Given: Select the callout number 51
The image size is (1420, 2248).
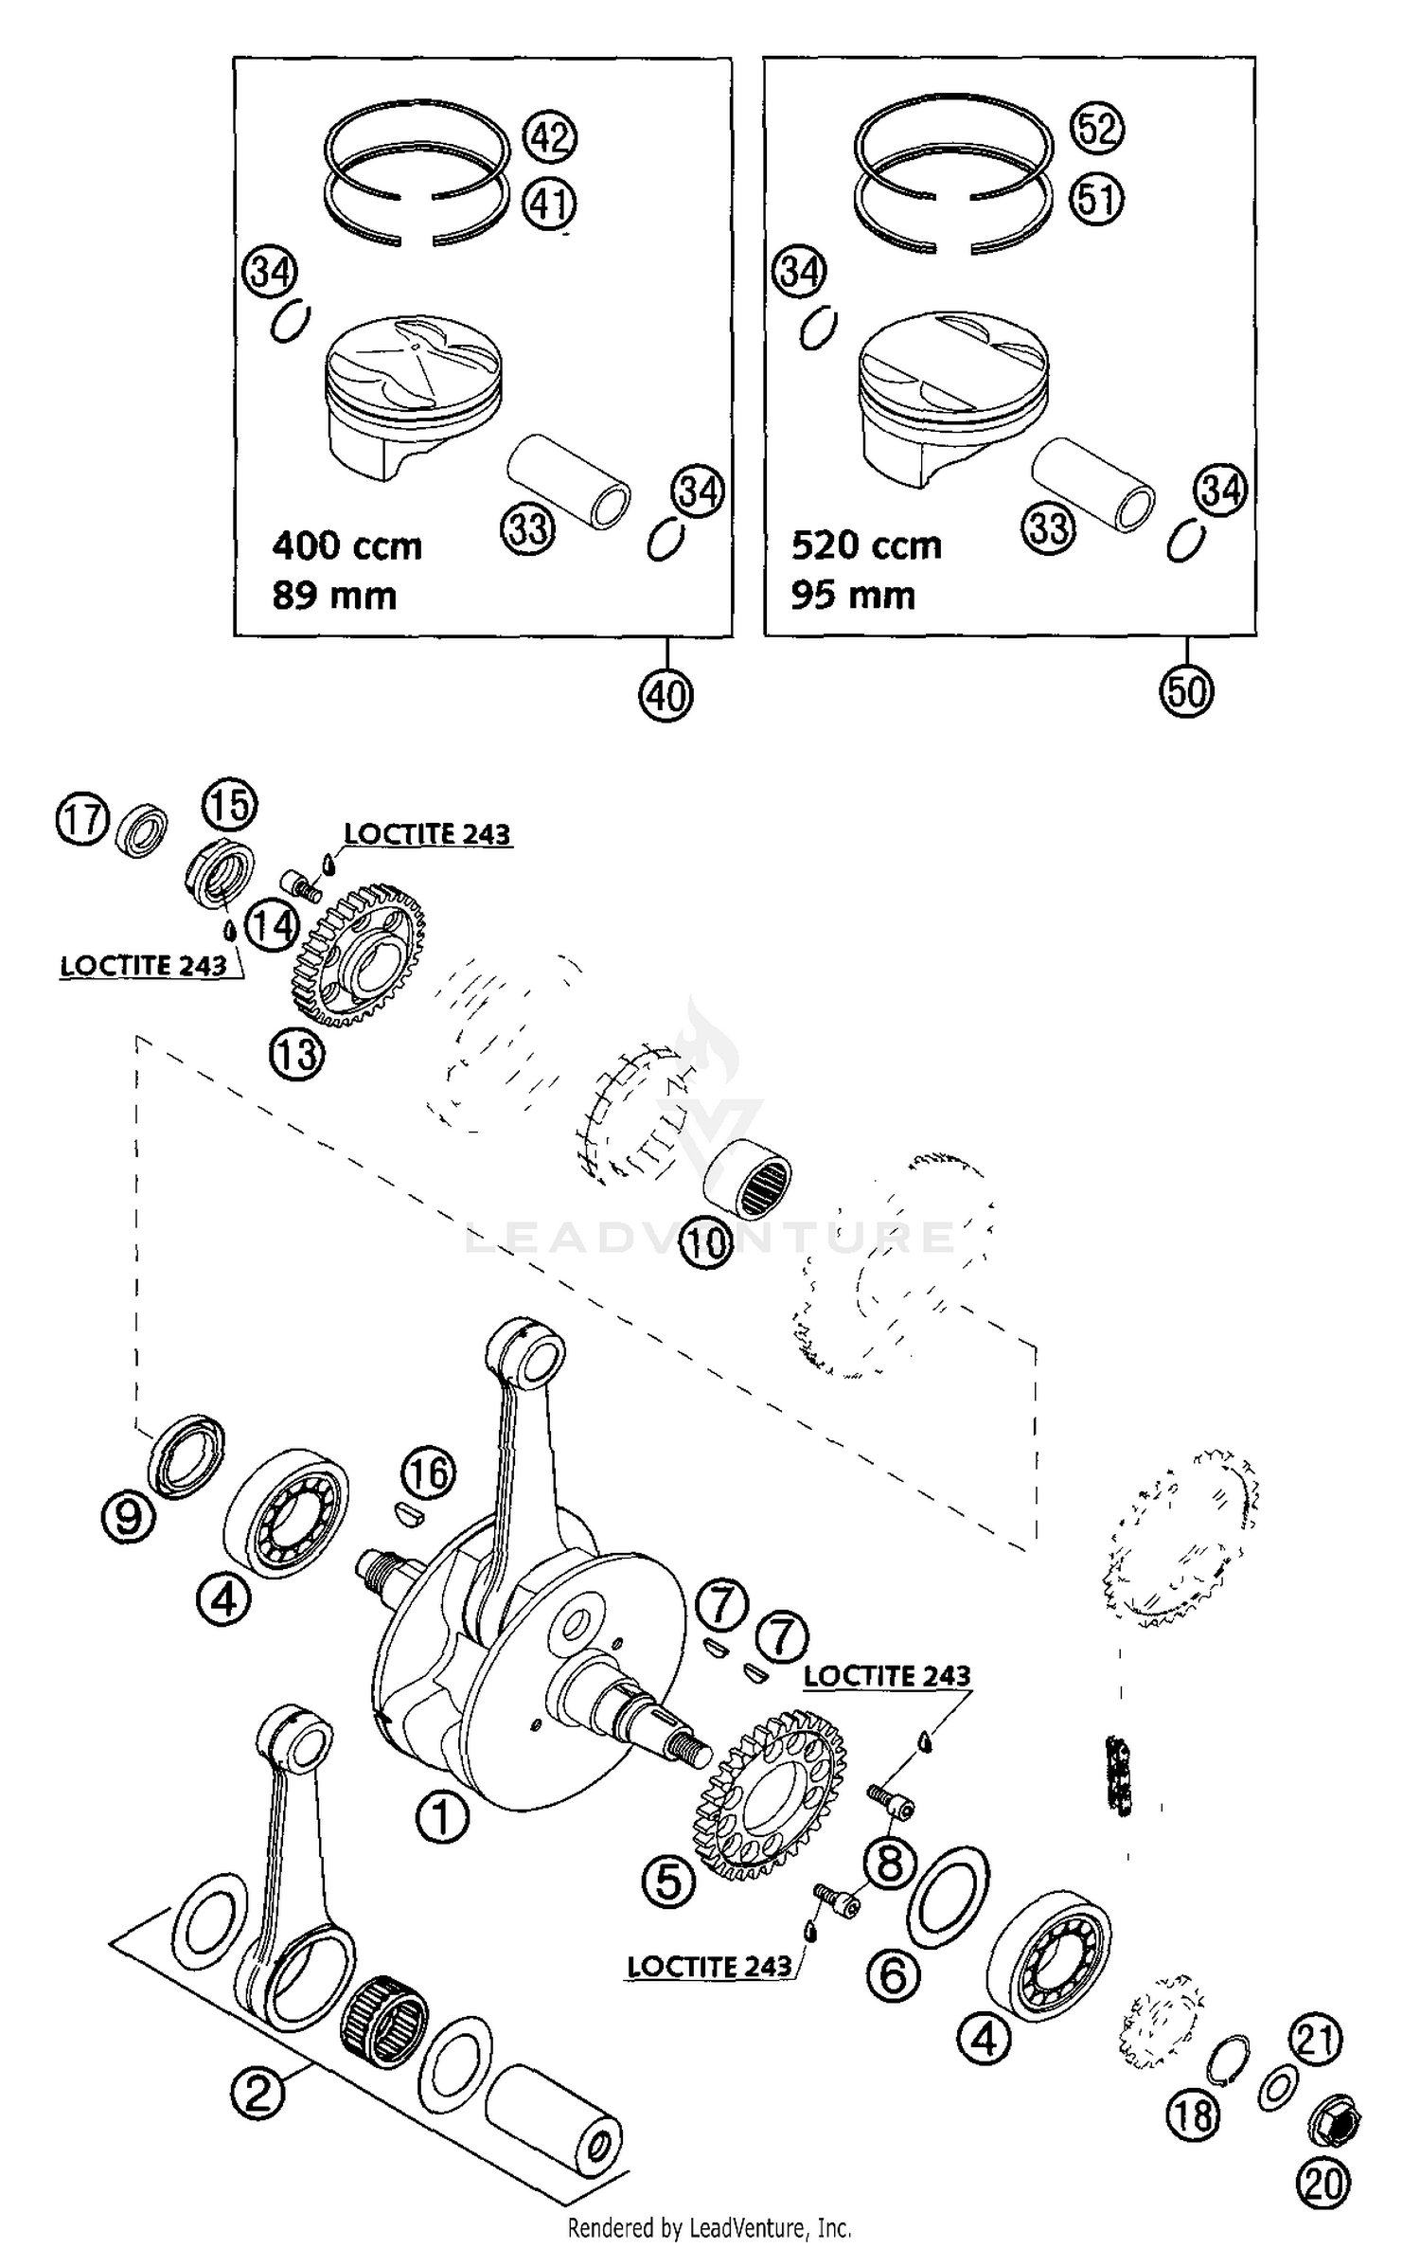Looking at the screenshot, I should (x=1096, y=200).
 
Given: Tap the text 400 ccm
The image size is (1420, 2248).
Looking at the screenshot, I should (x=346, y=546).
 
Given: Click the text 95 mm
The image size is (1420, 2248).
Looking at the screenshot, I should (x=853, y=596).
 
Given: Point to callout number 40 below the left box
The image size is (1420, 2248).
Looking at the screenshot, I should (x=666, y=696).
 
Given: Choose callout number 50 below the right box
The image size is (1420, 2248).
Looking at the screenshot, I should (x=1186, y=691).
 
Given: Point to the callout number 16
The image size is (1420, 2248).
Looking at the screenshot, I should (x=428, y=1473).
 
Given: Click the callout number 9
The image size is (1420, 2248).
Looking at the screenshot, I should (x=128, y=1518).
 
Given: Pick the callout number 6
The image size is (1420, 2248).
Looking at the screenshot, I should (x=894, y=1976).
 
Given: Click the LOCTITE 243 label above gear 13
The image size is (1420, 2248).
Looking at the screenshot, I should (x=427, y=834).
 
